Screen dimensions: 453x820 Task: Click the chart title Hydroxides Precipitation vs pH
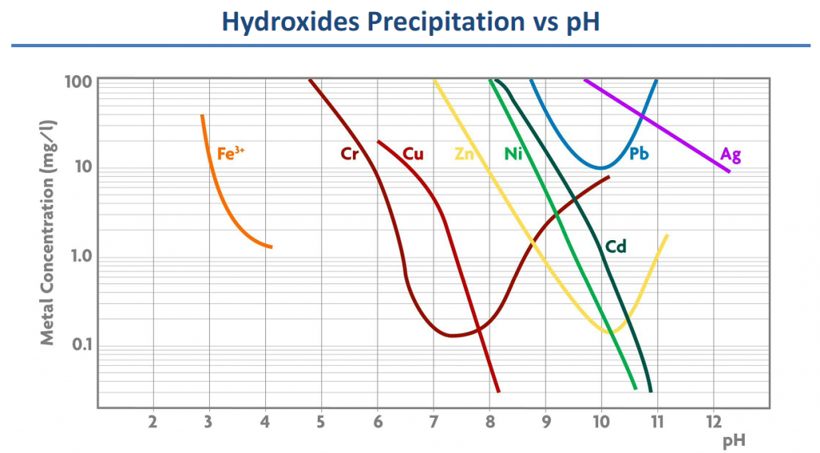click(410, 22)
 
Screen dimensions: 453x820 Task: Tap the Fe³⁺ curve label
click(230, 153)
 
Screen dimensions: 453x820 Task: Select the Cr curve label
click(350, 154)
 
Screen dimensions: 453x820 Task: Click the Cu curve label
click(413, 154)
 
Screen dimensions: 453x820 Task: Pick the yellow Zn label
click(465, 154)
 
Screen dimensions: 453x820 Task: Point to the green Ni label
click(513, 154)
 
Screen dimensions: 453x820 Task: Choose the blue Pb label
click(638, 154)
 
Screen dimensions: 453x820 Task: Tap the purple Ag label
click(730, 154)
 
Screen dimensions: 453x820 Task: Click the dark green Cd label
click(615, 247)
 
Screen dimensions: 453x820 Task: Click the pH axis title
click(734, 439)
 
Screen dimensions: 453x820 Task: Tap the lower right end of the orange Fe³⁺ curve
click(271, 247)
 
